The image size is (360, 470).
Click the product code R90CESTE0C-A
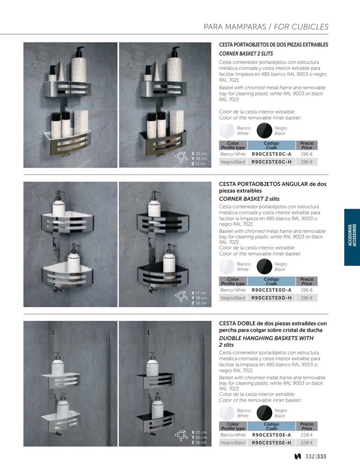(x=271, y=154)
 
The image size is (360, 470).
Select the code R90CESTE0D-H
(x=271, y=298)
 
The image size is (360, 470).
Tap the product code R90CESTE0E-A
(x=271, y=435)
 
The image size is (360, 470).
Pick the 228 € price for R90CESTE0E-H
(x=307, y=443)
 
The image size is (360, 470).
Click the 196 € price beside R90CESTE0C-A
(x=307, y=154)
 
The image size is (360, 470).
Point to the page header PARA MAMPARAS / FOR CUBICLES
(x=266, y=27)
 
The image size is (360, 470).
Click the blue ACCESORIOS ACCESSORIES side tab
(x=352, y=237)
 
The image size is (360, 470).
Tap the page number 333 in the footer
(x=322, y=456)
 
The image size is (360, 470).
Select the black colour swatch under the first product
(x=264, y=131)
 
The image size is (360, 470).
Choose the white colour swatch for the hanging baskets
(x=227, y=413)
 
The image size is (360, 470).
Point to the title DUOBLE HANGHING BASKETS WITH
(x=266, y=338)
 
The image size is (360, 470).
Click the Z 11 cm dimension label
(x=199, y=164)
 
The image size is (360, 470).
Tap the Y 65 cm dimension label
(x=199, y=437)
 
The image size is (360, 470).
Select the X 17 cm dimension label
(x=199, y=293)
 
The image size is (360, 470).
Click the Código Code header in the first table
(x=271, y=145)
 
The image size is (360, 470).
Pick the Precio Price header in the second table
(x=307, y=281)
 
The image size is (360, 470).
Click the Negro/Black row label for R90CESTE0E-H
(x=233, y=443)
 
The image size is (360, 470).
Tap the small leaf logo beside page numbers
(x=298, y=456)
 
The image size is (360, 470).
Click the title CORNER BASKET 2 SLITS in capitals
(x=246, y=53)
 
